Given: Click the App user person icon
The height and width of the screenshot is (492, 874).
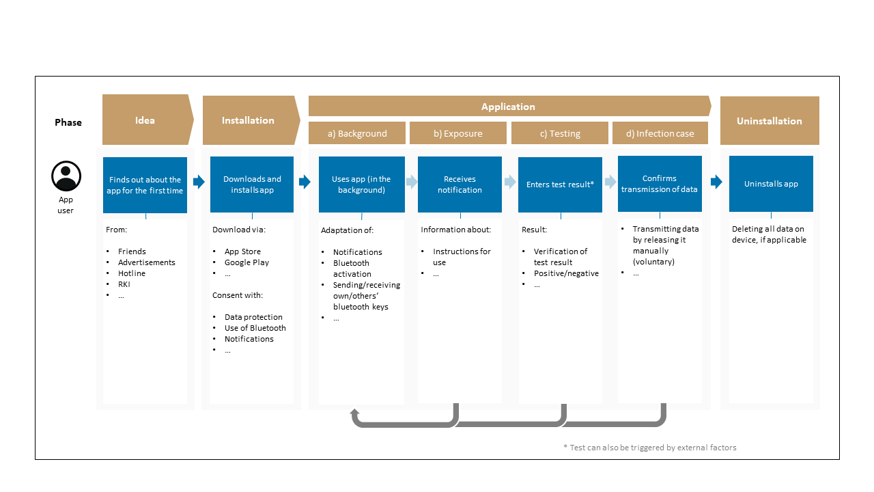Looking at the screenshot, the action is (x=66, y=176).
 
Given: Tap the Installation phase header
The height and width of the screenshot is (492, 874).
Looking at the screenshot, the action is (x=251, y=120).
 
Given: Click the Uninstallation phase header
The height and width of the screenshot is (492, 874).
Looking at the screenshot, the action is (x=770, y=121).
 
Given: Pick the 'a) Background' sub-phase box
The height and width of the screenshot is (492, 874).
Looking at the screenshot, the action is (x=357, y=133).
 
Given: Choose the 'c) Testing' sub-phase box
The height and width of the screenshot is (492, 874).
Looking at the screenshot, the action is (x=559, y=133).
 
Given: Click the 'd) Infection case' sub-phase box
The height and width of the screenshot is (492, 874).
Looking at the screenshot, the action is (x=660, y=133).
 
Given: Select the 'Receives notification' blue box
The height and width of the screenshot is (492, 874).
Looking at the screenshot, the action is (x=460, y=184).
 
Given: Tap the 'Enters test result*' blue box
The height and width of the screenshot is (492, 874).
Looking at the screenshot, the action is (x=560, y=184).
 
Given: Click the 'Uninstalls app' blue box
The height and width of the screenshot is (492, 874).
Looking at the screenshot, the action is (x=771, y=184).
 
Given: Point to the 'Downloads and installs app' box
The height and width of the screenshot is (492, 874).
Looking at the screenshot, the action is (x=252, y=184).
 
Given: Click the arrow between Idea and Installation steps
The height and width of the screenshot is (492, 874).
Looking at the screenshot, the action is (x=199, y=182).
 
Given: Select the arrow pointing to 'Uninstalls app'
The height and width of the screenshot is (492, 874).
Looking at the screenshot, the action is (x=716, y=182).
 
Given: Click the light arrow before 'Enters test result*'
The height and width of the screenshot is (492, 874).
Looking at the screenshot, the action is (x=510, y=182).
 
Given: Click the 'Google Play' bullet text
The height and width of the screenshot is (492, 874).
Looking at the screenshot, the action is (x=246, y=262).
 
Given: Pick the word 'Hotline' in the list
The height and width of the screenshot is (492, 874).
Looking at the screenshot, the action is (x=132, y=273).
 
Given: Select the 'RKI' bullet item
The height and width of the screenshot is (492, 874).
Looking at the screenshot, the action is (x=124, y=284).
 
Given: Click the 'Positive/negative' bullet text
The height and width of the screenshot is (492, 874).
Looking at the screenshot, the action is (x=566, y=273).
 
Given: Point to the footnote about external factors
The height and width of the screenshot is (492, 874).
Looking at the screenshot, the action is (x=650, y=448).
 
